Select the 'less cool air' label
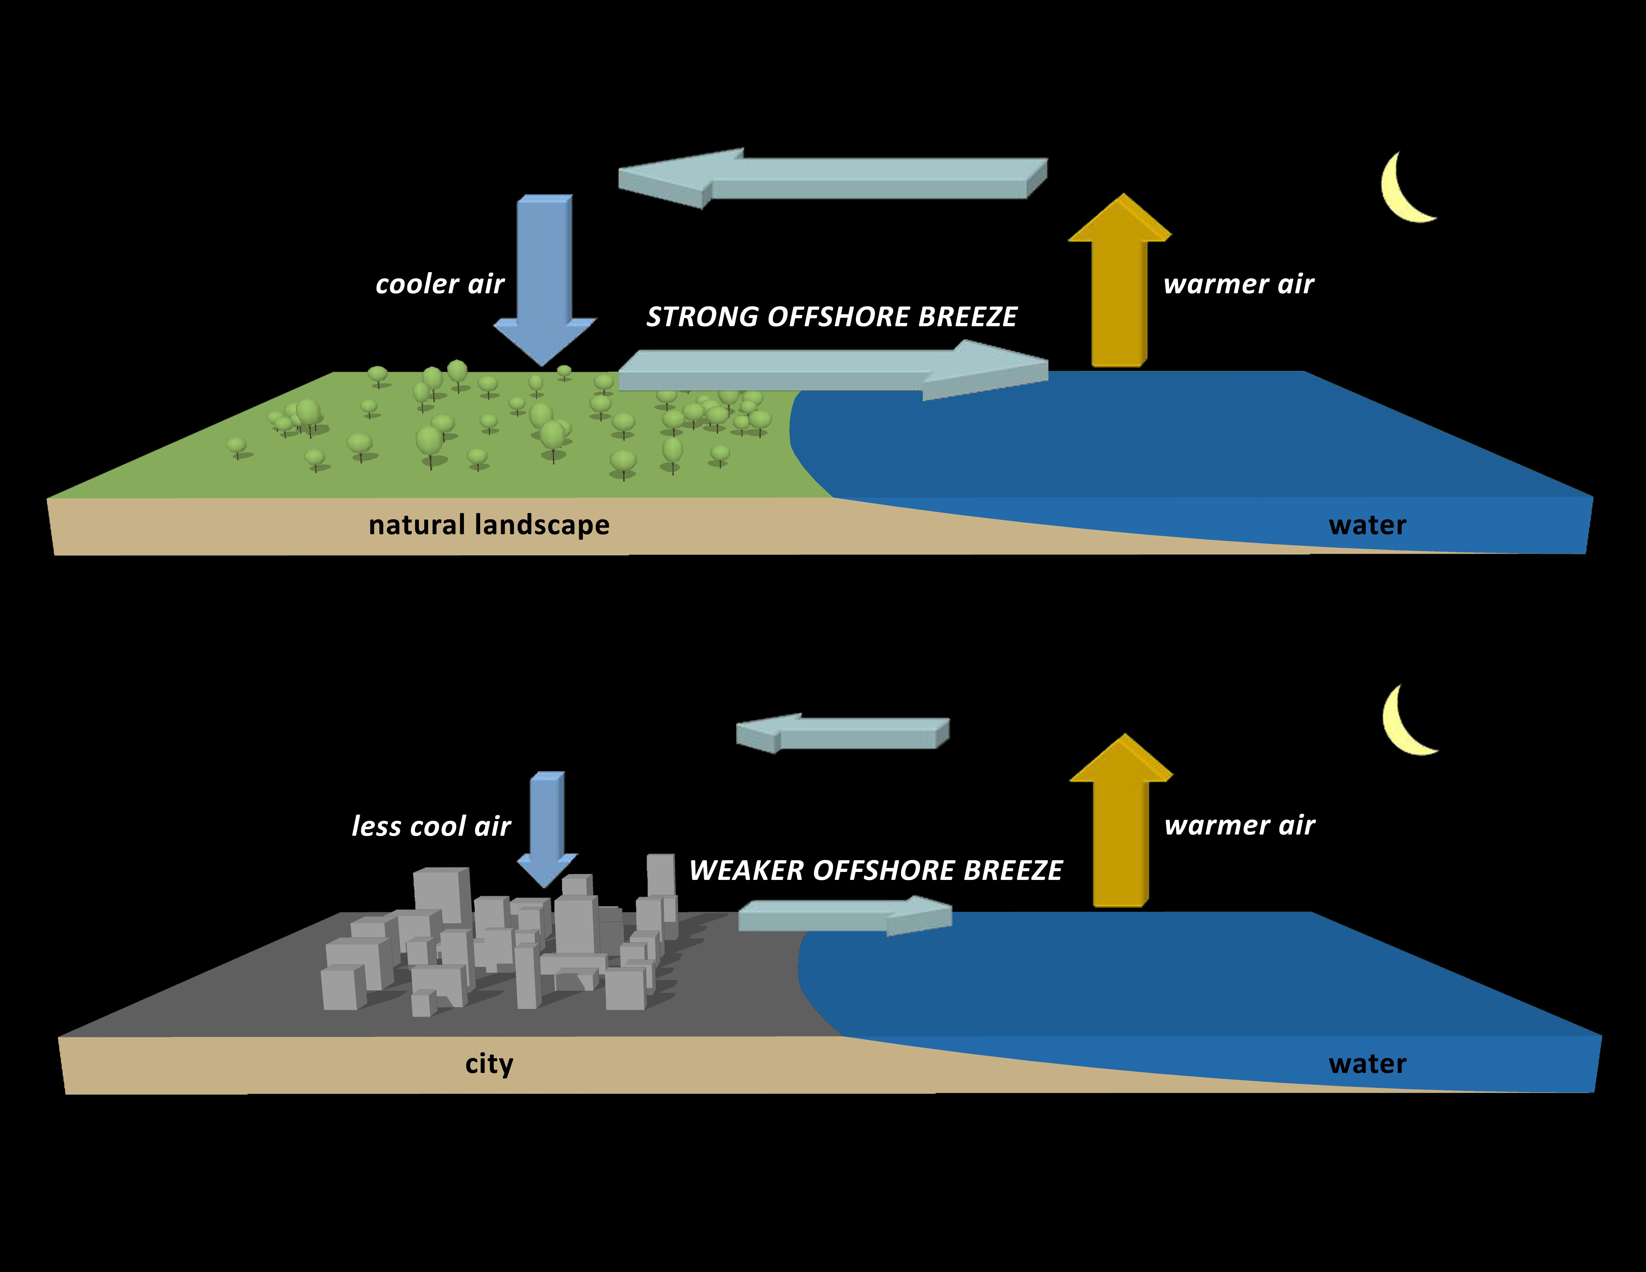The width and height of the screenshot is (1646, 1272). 431,826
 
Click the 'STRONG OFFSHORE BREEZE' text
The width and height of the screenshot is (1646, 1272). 831,317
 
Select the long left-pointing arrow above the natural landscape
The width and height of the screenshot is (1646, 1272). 829,179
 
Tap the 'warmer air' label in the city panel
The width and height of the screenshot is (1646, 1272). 1239,825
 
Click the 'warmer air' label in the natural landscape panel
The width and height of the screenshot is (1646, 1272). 1238,284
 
